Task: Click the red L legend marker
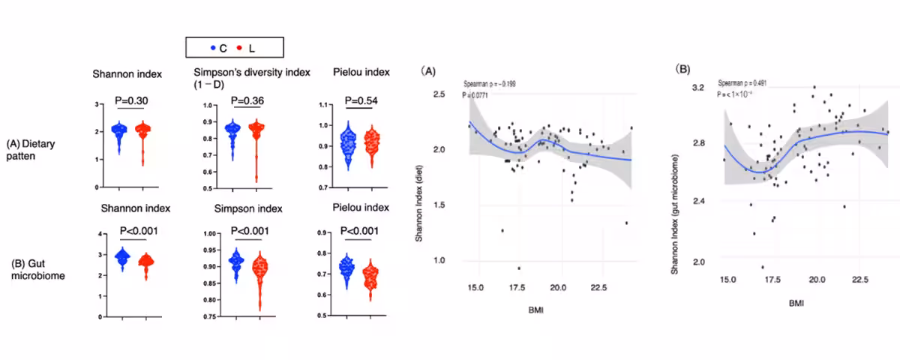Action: point(240,47)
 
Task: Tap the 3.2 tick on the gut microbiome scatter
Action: point(699,88)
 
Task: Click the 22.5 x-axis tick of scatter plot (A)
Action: point(598,287)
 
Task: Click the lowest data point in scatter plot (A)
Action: point(518,268)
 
